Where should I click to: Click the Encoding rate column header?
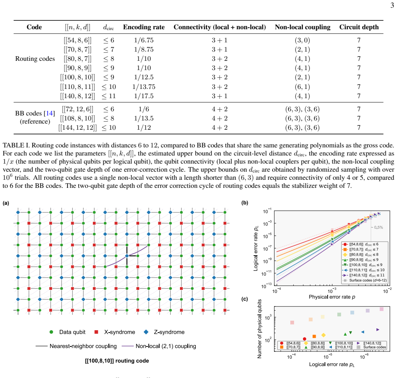(144, 27)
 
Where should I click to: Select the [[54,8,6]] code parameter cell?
(77, 40)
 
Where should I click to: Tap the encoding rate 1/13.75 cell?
(144, 87)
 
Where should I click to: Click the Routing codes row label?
(35, 59)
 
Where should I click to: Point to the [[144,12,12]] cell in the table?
(77, 127)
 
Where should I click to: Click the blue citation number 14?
(49, 113)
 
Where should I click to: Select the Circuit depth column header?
(359, 27)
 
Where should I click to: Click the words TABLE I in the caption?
(16, 146)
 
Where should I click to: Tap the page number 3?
(392, 5)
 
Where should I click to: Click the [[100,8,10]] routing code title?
(117, 361)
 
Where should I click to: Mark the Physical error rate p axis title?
(332, 297)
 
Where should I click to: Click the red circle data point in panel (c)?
(304, 339)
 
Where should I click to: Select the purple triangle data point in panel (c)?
(378, 330)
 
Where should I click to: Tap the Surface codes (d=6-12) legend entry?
(365, 280)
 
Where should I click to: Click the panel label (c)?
(245, 299)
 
